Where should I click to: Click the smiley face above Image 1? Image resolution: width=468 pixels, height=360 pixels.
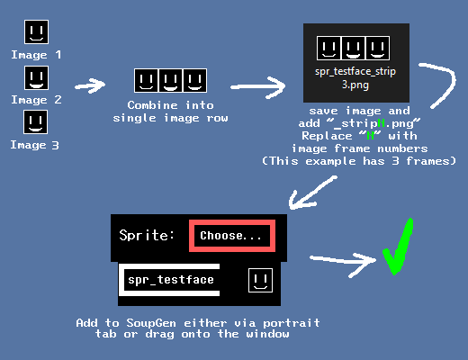tap(36, 31)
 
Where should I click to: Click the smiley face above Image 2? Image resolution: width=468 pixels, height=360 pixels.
tap(36, 78)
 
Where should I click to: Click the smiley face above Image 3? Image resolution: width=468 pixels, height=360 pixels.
tap(35, 122)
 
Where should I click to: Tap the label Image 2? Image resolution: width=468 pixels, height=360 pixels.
tap(36, 100)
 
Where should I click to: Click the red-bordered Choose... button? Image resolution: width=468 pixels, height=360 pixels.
tap(232, 236)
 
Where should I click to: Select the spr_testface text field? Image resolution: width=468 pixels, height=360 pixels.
tap(169, 280)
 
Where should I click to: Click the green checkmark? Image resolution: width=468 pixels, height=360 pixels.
tap(398, 247)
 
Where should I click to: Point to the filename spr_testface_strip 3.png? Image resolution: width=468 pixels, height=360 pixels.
tap(355, 78)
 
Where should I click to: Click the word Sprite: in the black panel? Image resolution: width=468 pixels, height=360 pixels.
tap(147, 235)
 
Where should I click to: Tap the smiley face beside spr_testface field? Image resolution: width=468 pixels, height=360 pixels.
tap(260, 280)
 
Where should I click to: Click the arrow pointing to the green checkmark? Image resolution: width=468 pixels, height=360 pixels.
tap(343, 261)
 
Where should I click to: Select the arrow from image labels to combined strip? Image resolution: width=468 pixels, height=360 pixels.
tap(90, 85)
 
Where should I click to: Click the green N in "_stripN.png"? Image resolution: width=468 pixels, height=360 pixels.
tap(381, 123)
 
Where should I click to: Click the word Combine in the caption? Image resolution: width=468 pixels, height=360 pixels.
tap(153, 105)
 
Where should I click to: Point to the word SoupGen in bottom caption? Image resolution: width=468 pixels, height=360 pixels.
tap(151, 323)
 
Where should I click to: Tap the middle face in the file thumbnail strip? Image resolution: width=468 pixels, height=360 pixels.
tap(353, 48)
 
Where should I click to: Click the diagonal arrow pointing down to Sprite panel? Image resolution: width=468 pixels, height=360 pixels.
tap(312, 193)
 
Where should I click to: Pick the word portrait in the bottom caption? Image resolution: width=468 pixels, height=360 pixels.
tap(292, 323)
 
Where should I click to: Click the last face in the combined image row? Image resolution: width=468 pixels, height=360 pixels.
tap(195, 80)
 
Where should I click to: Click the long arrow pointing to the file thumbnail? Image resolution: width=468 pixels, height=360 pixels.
tap(258, 87)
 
